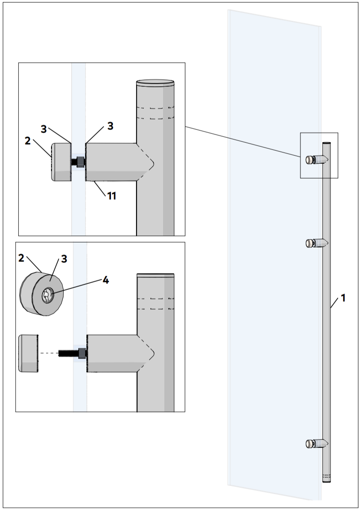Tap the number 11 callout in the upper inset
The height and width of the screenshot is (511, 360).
tap(111, 196)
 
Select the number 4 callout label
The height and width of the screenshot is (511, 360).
tap(105, 281)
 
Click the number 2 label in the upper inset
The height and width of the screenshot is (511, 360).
tap(28, 141)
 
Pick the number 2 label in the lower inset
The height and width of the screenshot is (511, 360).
tap(21, 257)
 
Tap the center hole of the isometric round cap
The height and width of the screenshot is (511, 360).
tap(47, 295)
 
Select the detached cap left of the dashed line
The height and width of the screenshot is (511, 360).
tap(28, 353)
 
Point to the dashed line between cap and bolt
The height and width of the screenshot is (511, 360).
tap(48, 353)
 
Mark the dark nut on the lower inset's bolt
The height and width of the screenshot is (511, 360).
tap(82, 353)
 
